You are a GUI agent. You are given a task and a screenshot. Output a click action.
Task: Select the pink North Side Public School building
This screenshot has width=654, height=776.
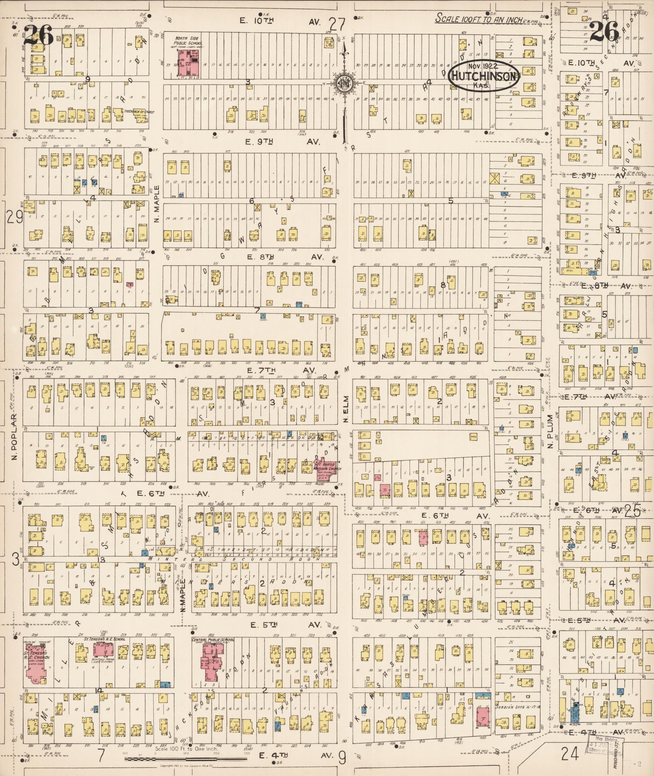point(188,64)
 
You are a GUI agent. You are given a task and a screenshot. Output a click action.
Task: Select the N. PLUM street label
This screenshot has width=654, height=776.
point(550,431)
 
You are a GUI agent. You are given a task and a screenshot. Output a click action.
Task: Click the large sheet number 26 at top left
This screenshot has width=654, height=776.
point(38,35)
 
